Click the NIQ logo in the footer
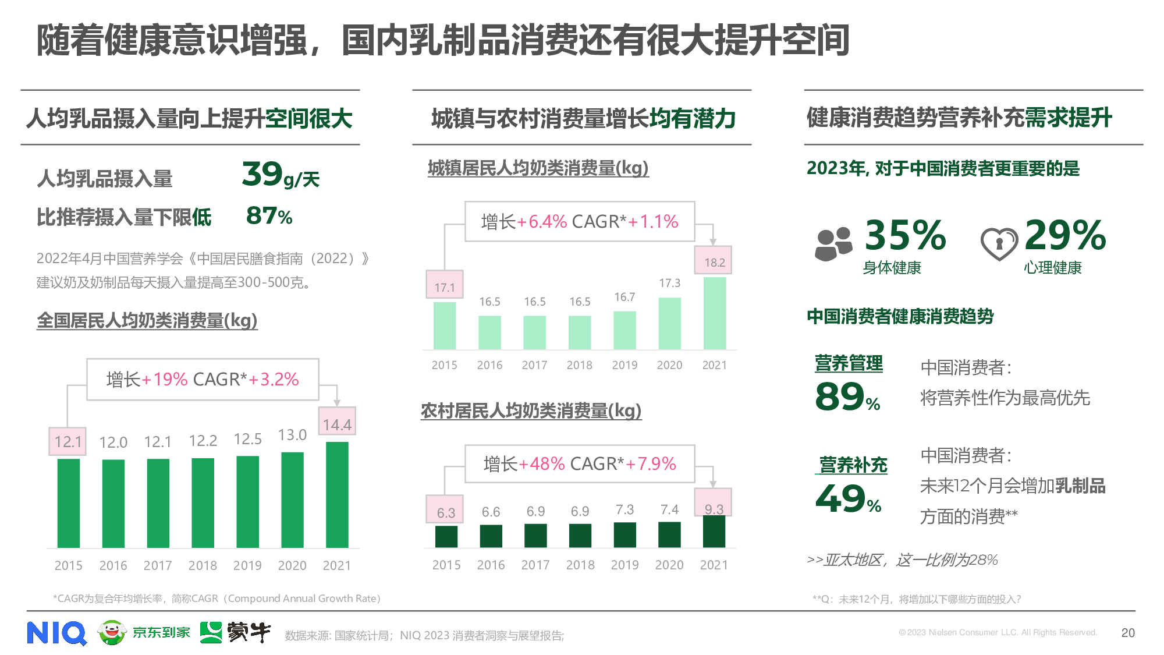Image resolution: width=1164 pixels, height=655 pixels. (x=56, y=633)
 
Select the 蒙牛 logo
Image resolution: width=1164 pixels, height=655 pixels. (x=235, y=632)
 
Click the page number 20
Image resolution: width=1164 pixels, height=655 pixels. (x=1127, y=633)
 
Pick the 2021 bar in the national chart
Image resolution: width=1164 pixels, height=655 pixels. (x=337, y=495)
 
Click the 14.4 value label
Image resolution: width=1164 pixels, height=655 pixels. (x=337, y=424)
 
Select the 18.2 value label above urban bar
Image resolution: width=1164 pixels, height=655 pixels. (x=714, y=262)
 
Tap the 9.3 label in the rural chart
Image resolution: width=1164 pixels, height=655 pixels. (x=714, y=509)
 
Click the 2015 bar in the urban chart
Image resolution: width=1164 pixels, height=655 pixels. (x=445, y=325)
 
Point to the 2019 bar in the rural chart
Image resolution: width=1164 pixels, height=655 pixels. (x=624, y=534)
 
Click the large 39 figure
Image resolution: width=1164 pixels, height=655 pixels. (x=262, y=174)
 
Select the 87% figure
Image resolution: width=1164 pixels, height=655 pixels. (x=269, y=216)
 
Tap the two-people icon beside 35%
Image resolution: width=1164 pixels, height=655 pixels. (x=833, y=244)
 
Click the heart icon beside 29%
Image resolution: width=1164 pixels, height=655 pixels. (x=999, y=243)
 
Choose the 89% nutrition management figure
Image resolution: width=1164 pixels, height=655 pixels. (x=847, y=397)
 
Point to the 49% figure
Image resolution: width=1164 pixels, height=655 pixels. (x=848, y=500)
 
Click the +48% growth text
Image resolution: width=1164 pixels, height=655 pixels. (x=541, y=464)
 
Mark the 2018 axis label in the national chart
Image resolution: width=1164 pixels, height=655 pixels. (x=203, y=565)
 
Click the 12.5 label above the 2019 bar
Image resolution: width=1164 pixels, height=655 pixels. (x=247, y=439)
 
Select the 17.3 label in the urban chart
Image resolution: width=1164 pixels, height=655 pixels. (x=669, y=283)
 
